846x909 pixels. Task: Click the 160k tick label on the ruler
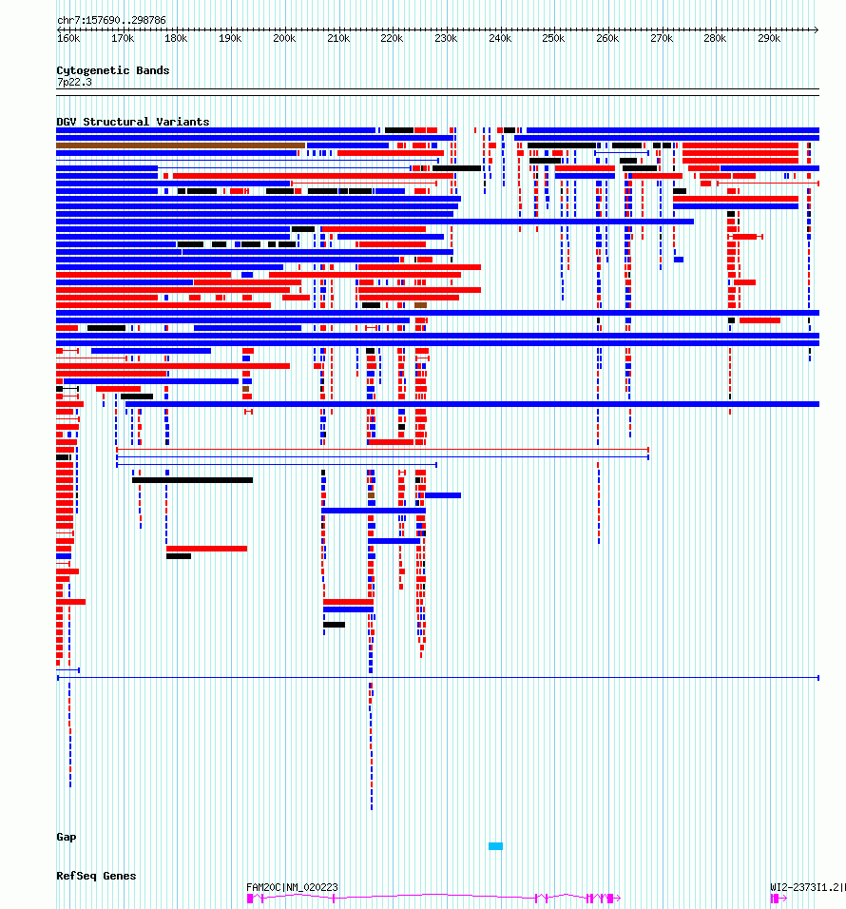(x=68, y=38)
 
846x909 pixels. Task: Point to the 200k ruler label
(x=284, y=38)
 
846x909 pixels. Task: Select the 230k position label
(x=446, y=38)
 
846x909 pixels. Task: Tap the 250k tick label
(x=553, y=38)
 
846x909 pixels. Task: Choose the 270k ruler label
(x=662, y=38)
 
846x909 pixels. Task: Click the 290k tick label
(x=769, y=38)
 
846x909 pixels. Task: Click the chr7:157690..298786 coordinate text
(x=111, y=20)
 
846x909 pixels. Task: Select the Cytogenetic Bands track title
(x=113, y=70)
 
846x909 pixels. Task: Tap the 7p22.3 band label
(x=74, y=82)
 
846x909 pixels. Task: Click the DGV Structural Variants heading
(x=133, y=121)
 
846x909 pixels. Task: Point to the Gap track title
(x=66, y=837)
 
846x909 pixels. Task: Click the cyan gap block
(x=495, y=846)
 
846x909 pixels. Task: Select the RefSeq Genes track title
(x=96, y=876)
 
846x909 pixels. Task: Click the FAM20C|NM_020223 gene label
(x=292, y=887)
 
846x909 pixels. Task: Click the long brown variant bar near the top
(x=181, y=145)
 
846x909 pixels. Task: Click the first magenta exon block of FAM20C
(x=250, y=898)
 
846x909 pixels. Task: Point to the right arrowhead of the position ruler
(x=817, y=29)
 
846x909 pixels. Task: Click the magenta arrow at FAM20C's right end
(x=618, y=898)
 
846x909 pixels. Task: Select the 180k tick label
(x=176, y=38)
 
